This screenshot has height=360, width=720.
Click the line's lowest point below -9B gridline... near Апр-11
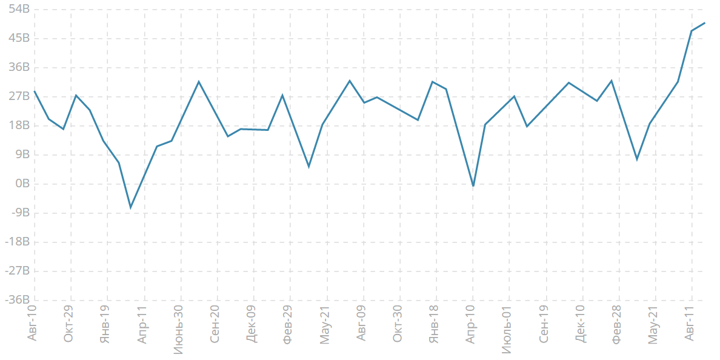(x=130, y=208)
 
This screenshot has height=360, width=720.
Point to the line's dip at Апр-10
(x=473, y=186)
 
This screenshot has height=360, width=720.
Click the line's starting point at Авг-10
(x=35, y=91)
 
